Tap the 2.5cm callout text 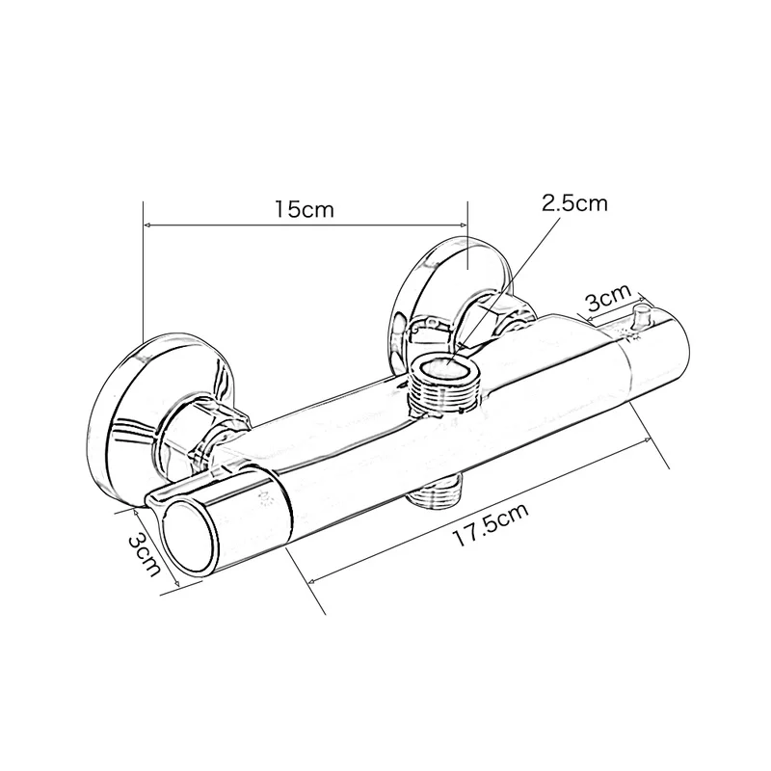coord(575,203)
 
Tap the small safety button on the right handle coord(642,319)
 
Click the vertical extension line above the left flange coord(143,270)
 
